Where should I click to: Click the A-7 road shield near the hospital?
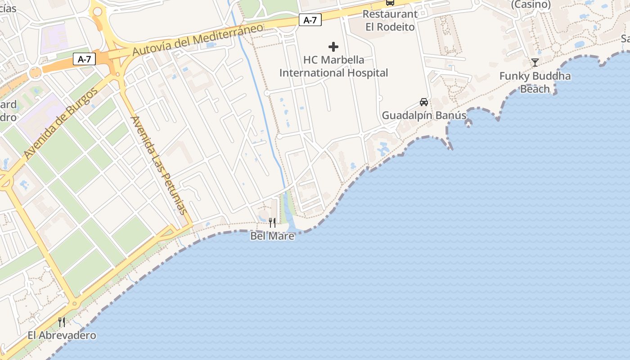pos(310,20)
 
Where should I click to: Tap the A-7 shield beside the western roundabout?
pos(84,59)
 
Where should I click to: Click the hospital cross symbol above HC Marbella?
pos(333,47)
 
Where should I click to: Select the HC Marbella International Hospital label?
pos(333,66)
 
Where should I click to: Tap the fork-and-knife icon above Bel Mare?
pos(272,222)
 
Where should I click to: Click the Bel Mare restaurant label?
pos(272,236)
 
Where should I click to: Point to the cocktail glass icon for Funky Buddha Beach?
pos(535,63)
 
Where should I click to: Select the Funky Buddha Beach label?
pos(535,82)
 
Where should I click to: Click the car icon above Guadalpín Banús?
pos(424,102)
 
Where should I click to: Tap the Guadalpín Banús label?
pos(424,116)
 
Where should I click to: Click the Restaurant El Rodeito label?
pos(390,20)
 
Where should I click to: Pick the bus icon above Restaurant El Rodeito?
pos(390,3)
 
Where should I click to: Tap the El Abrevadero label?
pos(62,335)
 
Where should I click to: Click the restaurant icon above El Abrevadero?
pos(62,322)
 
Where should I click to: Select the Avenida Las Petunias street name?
pos(159,165)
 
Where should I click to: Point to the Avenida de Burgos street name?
pos(61,123)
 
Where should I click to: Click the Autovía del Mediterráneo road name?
pos(198,40)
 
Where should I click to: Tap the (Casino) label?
pos(531,4)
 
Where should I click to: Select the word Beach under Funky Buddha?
pos(535,89)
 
